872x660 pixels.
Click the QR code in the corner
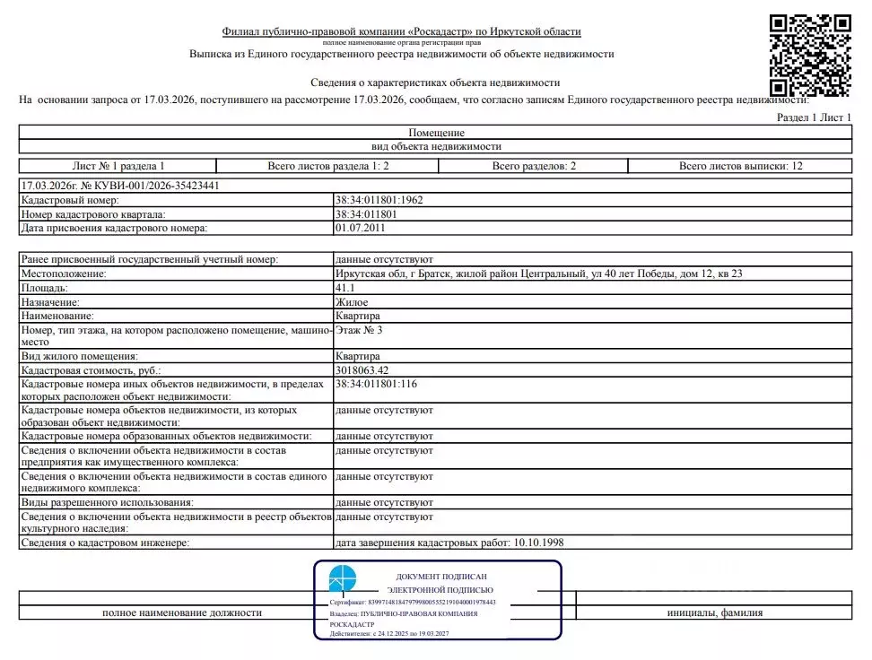click(x=810, y=55)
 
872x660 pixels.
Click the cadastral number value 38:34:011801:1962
click(x=378, y=201)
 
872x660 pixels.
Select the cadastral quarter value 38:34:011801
click(x=365, y=214)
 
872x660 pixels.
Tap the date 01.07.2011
click(x=360, y=228)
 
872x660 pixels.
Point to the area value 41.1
click(x=344, y=288)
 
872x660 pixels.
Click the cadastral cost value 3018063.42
click(x=362, y=369)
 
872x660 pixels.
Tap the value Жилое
click(x=351, y=302)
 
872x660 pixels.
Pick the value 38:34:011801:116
click(x=375, y=384)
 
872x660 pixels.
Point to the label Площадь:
click(x=44, y=288)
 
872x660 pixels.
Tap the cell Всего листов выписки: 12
click(x=740, y=166)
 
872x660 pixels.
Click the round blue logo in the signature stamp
click(x=343, y=578)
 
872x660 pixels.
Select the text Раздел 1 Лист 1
click(x=813, y=118)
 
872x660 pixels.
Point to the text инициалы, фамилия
click(x=715, y=612)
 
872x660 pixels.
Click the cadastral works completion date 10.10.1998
click(x=537, y=543)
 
